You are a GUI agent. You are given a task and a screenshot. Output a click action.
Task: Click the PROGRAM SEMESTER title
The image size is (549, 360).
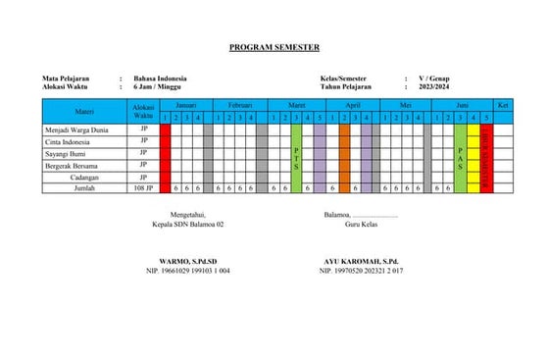click(x=274, y=47)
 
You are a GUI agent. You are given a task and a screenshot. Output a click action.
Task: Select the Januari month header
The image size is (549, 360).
click(x=185, y=104)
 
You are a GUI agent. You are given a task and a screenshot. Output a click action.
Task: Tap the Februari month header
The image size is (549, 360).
click(x=239, y=104)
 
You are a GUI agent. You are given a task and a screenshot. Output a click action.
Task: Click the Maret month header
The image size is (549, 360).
click(x=297, y=104)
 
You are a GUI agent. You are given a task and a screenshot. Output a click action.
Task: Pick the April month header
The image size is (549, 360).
click(x=350, y=104)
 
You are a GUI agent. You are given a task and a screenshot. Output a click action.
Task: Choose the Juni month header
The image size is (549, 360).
click(x=461, y=104)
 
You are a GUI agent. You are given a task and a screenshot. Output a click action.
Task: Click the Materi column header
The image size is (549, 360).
click(x=85, y=111)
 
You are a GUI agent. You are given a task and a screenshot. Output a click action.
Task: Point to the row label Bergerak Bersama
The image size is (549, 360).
click(x=74, y=165)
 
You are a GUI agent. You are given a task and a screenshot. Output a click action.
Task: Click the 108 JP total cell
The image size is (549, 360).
click(x=143, y=187)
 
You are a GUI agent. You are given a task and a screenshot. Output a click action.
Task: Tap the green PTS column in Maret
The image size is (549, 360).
click(x=296, y=157)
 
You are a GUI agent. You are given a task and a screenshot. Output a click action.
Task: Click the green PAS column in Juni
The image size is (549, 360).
click(x=461, y=157)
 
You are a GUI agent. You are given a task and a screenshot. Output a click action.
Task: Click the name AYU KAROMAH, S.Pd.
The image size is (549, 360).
click(x=361, y=261)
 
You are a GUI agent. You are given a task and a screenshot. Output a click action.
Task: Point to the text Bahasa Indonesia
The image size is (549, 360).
click(x=160, y=78)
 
